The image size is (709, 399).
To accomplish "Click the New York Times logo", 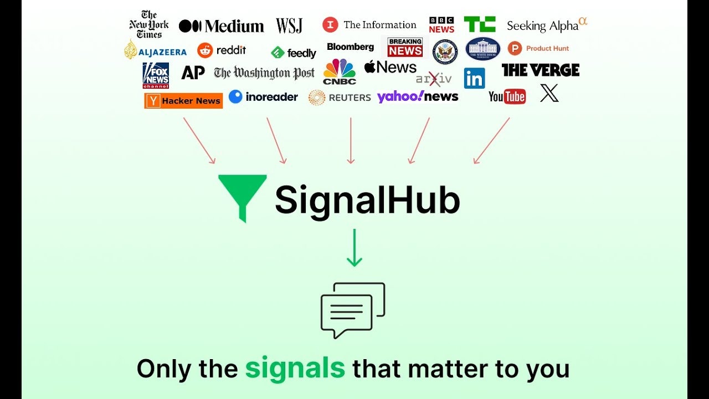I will pyautogui.click(x=148, y=25).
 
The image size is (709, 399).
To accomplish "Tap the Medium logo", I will pyautogui.click(x=221, y=26).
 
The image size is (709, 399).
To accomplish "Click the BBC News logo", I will pyautogui.click(x=441, y=25).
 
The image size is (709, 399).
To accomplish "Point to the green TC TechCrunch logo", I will pyautogui.click(x=480, y=24).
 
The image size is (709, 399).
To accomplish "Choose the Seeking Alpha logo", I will pyautogui.click(x=546, y=25).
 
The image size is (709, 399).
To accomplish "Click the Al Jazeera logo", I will pyautogui.click(x=155, y=50).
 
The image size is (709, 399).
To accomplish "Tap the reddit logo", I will pyautogui.click(x=222, y=50).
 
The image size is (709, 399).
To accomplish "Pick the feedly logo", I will pyautogui.click(x=294, y=53).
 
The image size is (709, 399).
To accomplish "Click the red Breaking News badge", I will pyautogui.click(x=405, y=47).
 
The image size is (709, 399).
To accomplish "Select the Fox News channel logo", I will pyautogui.click(x=156, y=75).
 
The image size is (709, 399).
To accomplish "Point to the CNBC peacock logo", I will pyautogui.click(x=340, y=71).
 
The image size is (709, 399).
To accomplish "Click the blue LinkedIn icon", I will pyautogui.click(x=475, y=79).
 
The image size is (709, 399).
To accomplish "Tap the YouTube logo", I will pyautogui.click(x=507, y=97).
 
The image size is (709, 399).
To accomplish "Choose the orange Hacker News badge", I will pyautogui.click(x=183, y=101).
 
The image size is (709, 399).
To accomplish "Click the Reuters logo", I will pyautogui.click(x=340, y=98).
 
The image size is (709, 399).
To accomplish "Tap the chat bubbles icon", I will pyautogui.click(x=352, y=309).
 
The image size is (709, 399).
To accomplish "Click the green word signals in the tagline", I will pyautogui.click(x=295, y=369).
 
